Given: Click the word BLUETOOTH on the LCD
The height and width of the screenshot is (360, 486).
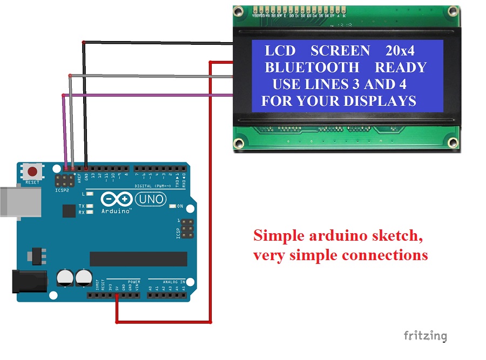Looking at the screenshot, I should [312, 67].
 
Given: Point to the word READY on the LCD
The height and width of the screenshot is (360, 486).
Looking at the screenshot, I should [401, 67].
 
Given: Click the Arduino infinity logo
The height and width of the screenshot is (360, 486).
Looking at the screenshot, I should [116, 199].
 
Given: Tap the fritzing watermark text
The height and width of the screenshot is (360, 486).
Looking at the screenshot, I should [426, 336].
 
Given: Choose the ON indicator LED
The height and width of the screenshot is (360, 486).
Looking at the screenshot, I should [172, 206].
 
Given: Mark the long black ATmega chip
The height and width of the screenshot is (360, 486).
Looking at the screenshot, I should [138, 259].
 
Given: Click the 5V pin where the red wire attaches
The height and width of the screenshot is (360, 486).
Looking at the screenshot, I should [117, 295].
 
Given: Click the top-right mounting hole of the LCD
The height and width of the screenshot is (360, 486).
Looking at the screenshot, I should [452, 15].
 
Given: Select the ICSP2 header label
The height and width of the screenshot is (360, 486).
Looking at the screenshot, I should [63, 191].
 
